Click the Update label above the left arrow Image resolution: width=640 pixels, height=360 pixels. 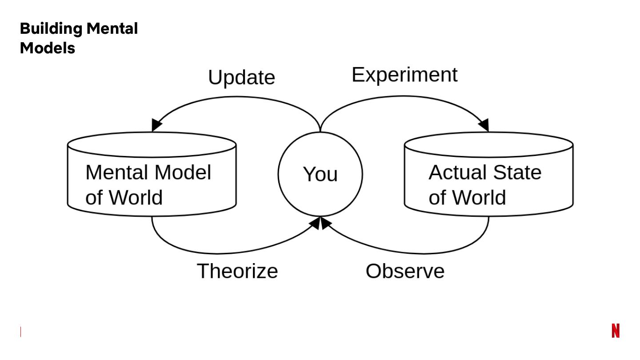241,78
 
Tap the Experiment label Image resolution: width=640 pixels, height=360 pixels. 404,75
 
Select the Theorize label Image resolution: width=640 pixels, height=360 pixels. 237,271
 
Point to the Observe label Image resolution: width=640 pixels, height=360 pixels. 405,271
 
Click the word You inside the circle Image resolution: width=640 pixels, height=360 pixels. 320,174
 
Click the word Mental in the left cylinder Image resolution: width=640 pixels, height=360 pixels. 116,172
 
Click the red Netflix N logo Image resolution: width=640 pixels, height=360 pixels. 616,331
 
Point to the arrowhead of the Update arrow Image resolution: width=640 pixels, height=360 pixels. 156,125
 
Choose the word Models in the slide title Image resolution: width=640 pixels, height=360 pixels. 48,48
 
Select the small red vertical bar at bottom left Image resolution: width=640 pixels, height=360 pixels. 20,332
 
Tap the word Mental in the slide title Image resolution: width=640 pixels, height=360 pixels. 112,28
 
